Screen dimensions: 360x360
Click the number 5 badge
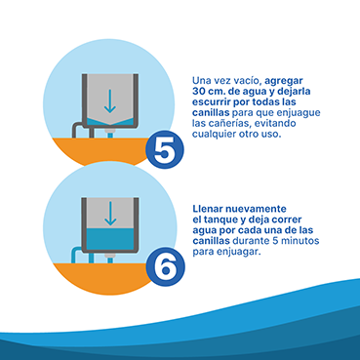coord(165,149)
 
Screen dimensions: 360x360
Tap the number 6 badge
coord(165,266)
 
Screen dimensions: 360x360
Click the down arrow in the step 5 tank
coord(110,101)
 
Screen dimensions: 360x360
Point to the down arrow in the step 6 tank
coord(110,214)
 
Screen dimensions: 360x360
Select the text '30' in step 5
coord(198,92)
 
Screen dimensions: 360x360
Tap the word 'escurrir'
coord(212,102)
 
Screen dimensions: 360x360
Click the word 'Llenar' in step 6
coord(207,208)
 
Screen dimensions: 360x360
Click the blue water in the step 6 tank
coord(110,239)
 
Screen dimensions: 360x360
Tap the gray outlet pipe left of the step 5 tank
coord(79,130)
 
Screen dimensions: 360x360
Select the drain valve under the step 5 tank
coord(110,133)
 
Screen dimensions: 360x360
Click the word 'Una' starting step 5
coord(200,81)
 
